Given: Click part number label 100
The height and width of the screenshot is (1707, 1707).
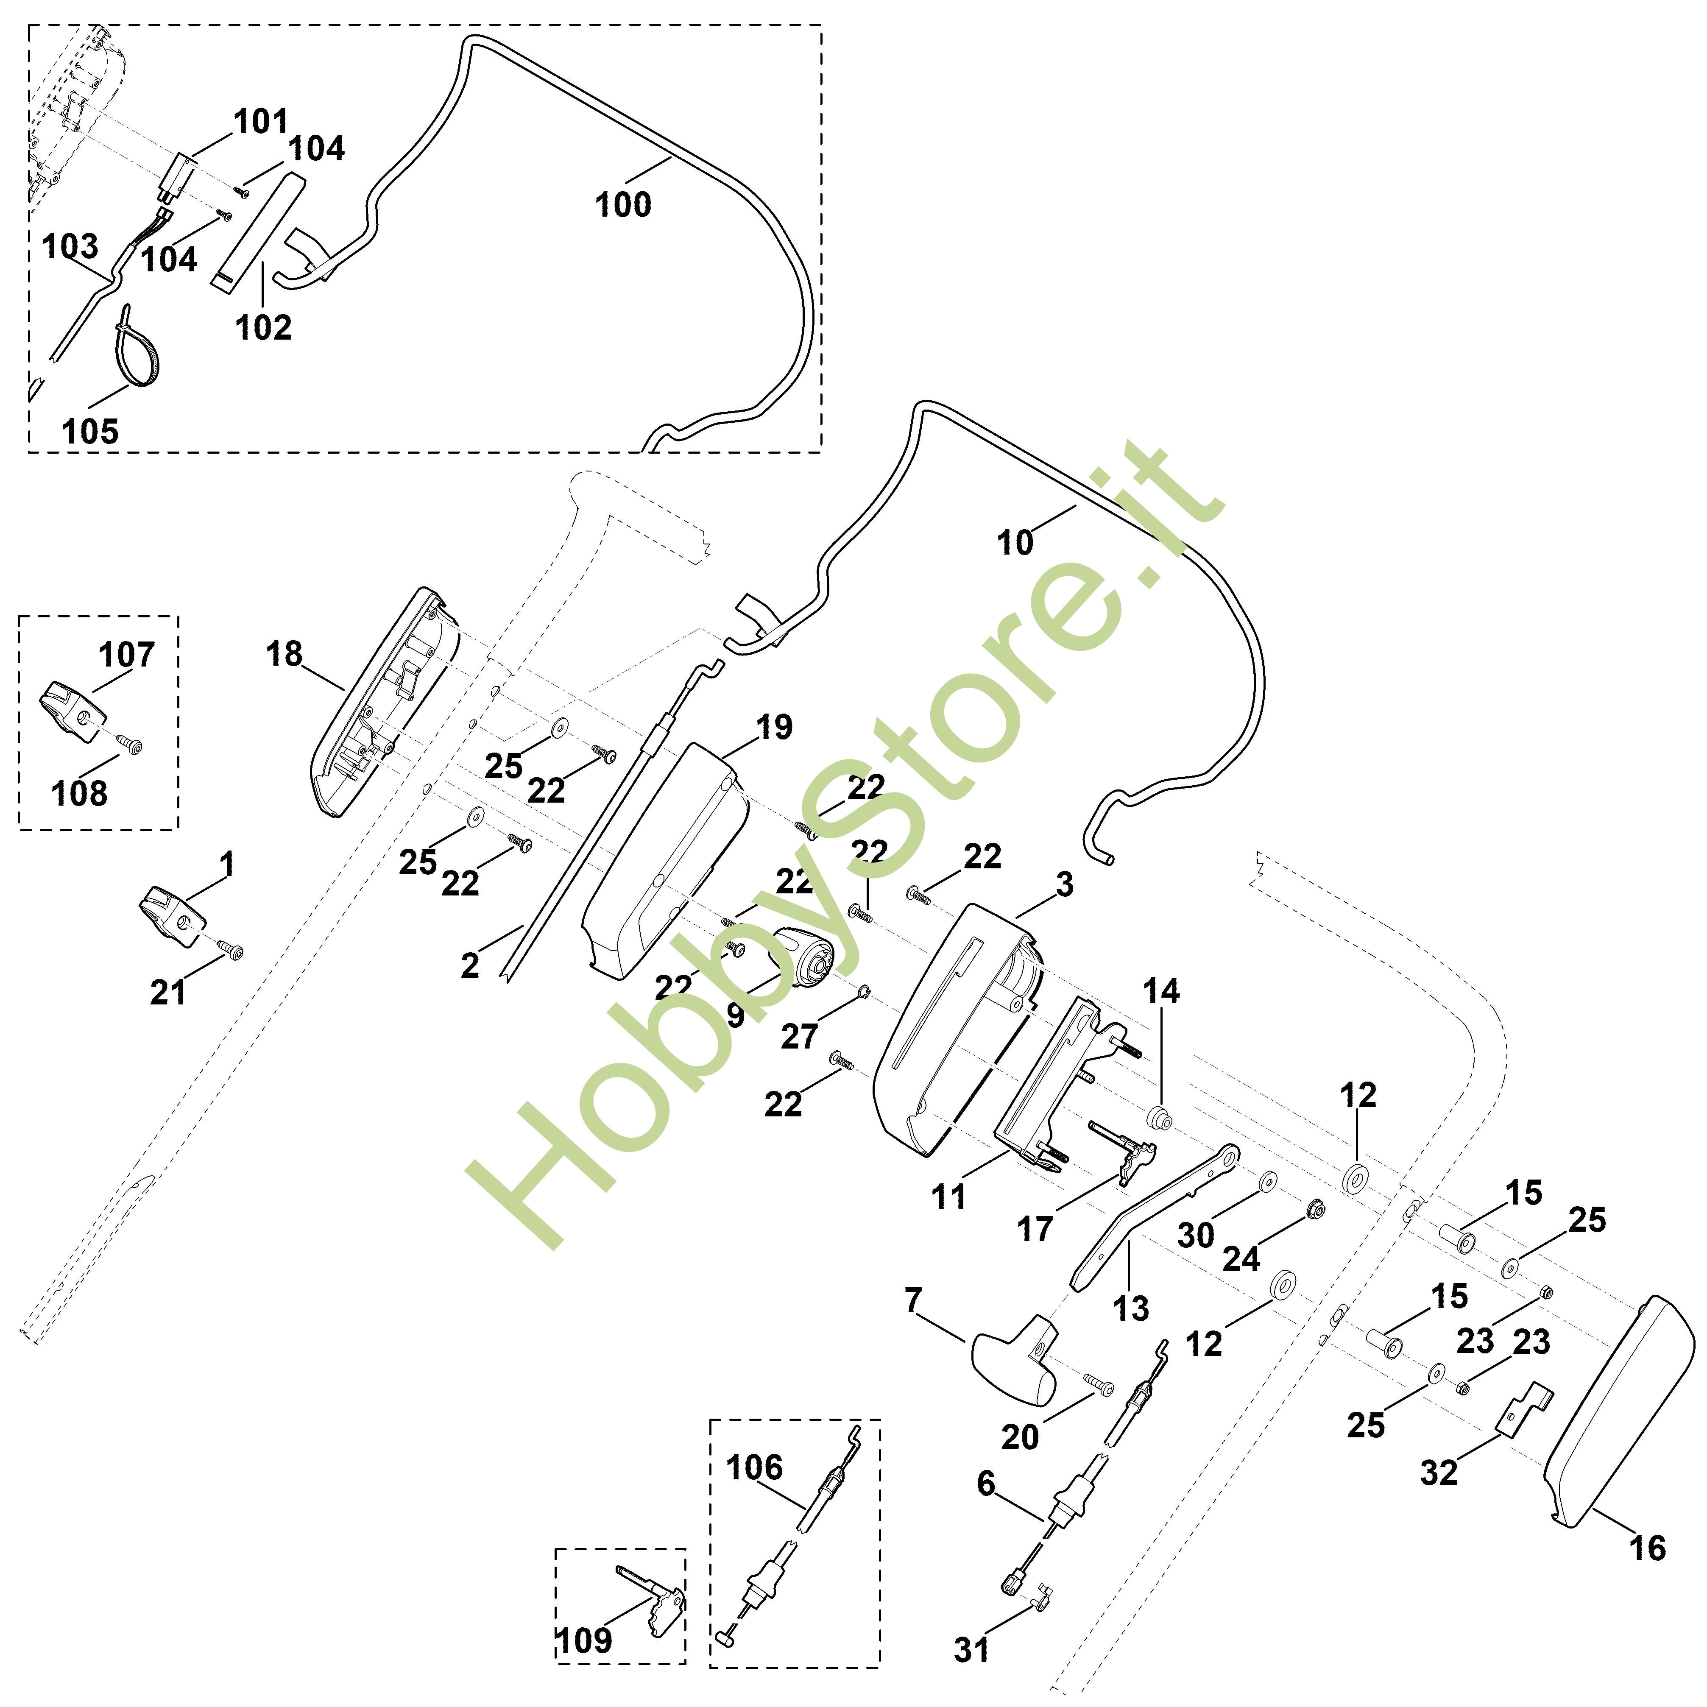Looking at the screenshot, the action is coord(623,205).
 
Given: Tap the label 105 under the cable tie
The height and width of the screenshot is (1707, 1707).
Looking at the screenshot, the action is coord(90,432).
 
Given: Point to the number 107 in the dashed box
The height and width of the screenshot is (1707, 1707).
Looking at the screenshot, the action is coord(126,655).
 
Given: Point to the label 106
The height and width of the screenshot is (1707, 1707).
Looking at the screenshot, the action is coord(754,1467).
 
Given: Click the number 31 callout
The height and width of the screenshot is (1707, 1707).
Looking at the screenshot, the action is coord(972,1650).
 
